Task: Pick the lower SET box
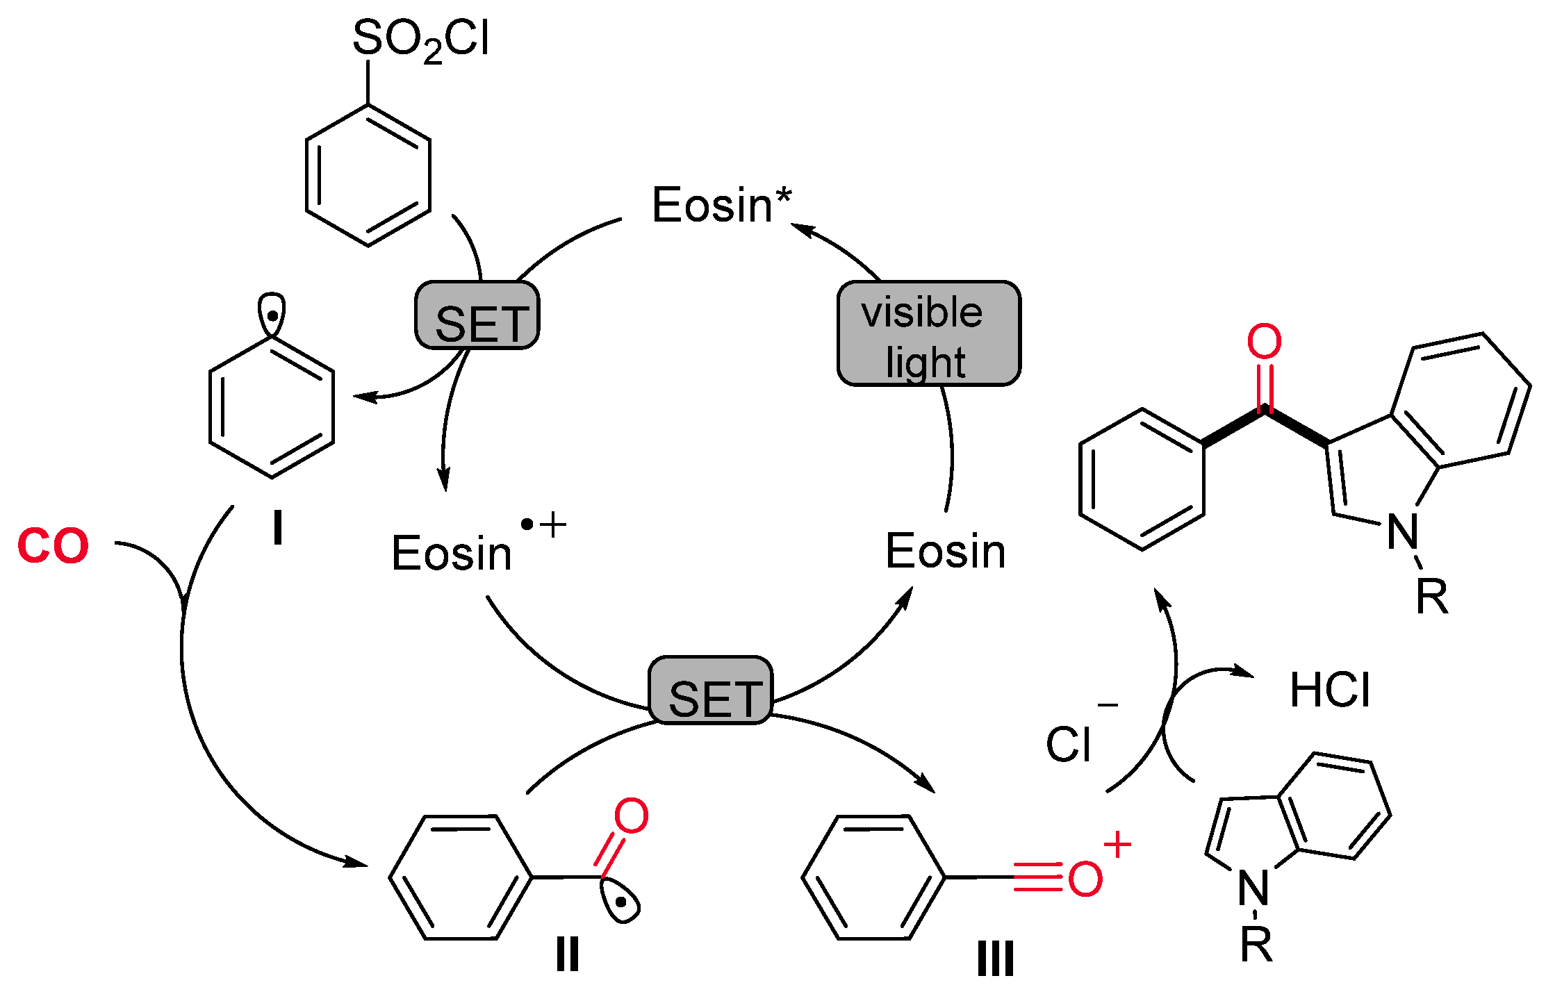pos(710,690)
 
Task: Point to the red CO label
pos(54,545)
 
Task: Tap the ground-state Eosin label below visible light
pos(945,552)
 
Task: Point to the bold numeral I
pos(278,529)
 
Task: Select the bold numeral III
pos(995,959)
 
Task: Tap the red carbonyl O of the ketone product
pos(1264,342)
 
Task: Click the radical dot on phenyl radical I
pos(273,316)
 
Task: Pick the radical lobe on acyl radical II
pos(623,902)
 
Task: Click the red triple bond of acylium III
pos(1038,877)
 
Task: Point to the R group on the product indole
pos(1432,596)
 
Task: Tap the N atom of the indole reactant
pos(1253,888)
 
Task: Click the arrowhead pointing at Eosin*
pos(800,228)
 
